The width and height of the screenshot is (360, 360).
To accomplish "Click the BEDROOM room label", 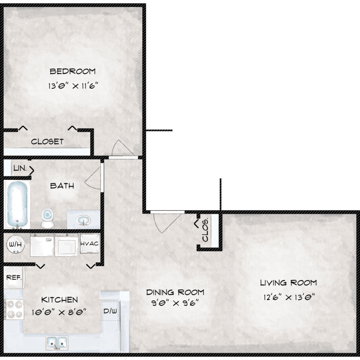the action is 72,72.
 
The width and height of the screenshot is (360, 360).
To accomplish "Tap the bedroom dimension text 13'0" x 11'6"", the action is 73,86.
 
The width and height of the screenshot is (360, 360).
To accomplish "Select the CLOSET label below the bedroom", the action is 48,142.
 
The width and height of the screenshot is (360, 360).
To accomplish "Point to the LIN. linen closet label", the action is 20,168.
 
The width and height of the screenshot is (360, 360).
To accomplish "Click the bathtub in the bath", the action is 17,205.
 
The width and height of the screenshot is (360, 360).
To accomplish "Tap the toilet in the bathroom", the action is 48,217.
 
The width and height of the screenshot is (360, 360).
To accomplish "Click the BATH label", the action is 62,186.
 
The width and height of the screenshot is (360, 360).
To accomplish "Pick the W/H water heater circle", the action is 15,244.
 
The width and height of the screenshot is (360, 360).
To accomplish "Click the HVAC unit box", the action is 90,243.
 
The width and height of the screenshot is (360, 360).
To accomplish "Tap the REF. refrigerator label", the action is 14,277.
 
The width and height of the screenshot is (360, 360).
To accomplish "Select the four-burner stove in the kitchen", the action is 14,309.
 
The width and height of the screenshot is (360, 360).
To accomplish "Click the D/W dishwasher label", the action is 110,311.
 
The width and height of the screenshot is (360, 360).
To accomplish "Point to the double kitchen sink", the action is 57,343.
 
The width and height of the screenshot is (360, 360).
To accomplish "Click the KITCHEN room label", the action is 60,300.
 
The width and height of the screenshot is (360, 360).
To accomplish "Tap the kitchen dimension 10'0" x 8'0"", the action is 59,312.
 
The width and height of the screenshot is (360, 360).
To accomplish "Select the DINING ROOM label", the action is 175,292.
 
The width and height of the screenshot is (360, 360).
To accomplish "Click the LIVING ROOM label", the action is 288,283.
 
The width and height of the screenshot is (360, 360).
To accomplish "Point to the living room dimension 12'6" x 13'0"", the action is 289,297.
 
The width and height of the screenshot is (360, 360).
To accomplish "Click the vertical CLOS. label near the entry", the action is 205,229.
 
